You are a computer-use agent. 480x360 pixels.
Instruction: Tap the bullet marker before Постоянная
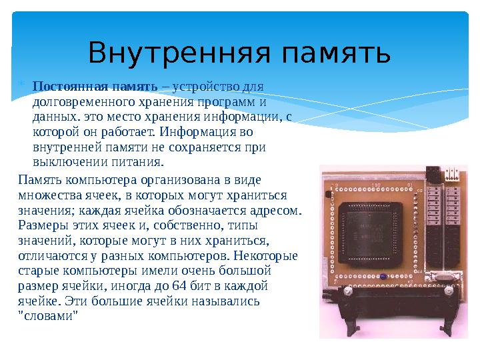(21, 85)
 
